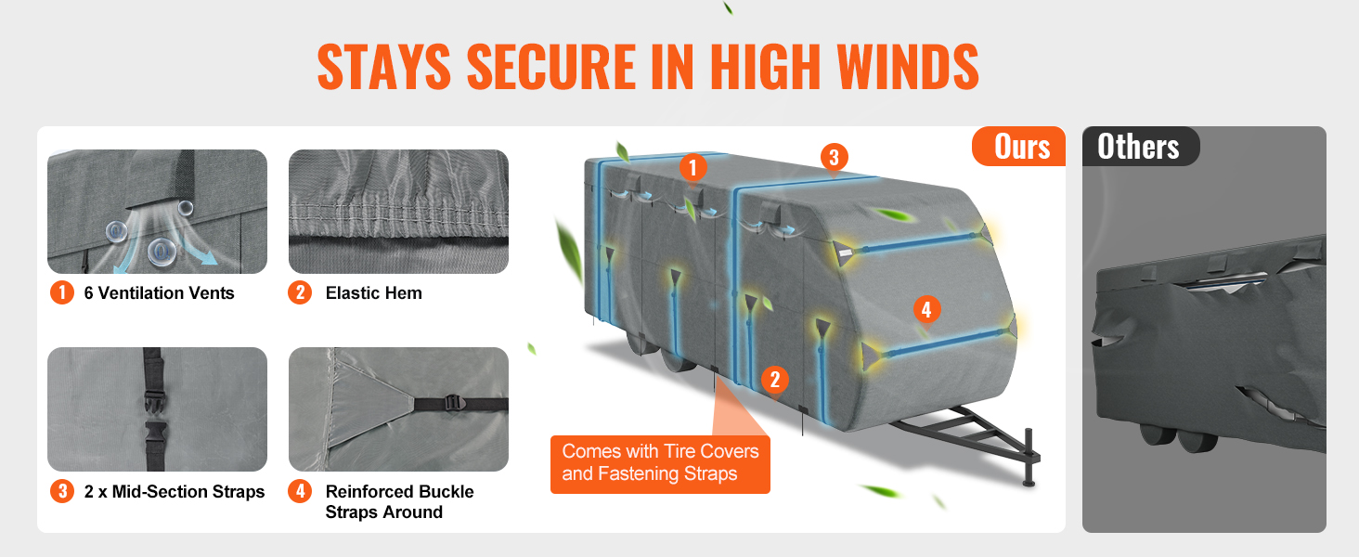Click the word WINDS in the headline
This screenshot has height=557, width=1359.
[x=908, y=67]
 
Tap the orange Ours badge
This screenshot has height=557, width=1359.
[x=1019, y=147]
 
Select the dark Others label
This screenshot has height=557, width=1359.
[x=1140, y=147]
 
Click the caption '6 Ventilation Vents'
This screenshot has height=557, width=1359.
[x=159, y=293]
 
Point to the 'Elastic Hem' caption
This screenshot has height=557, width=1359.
[x=374, y=293]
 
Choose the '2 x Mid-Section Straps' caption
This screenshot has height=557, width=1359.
[x=175, y=491]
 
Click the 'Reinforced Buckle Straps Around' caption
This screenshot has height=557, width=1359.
[x=399, y=502]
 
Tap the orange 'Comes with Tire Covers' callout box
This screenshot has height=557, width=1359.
[x=660, y=464]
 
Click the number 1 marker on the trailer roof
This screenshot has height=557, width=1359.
[x=692, y=167]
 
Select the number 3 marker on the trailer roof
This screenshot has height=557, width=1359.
[x=835, y=157]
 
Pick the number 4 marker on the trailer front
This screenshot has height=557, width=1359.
[x=926, y=309]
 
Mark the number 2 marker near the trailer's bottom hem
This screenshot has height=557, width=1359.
[x=775, y=380]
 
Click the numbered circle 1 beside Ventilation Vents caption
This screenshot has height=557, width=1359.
[x=62, y=292]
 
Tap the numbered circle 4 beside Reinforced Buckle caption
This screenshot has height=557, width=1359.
[x=301, y=491]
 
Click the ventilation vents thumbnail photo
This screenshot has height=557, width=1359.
[x=157, y=212]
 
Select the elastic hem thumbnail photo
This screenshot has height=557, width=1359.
[x=398, y=212]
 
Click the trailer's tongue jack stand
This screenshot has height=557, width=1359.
[x=1029, y=458]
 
